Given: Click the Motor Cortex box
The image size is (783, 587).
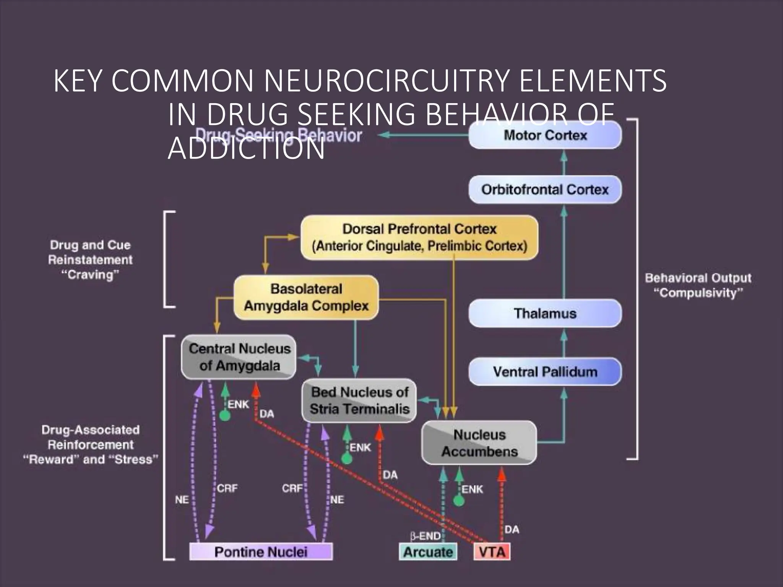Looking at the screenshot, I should click(x=545, y=135).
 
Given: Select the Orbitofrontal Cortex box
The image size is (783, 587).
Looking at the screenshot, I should click(x=545, y=190).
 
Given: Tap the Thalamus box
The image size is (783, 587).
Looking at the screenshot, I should click(x=545, y=313).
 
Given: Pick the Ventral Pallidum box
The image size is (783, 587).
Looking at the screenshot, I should click(x=545, y=371).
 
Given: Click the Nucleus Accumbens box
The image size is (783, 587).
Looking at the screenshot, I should click(x=479, y=443).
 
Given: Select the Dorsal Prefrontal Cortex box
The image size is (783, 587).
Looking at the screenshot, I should click(x=419, y=237).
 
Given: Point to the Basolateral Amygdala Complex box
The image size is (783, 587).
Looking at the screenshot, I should click(x=306, y=297).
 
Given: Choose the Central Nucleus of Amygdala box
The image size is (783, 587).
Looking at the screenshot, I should click(x=239, y=357).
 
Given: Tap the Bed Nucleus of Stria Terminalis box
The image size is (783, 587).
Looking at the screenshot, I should click(x=359, y=401).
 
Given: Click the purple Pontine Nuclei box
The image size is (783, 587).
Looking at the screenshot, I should click(x=261, y=552).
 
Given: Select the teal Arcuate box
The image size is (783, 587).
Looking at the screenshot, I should click(x=428, y=552).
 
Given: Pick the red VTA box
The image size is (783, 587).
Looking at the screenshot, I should click(x=492, y=552).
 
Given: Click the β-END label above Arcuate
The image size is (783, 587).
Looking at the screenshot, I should click(x=425, y=536).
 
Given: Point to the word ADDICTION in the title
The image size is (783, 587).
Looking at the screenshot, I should click(x=246, y=148).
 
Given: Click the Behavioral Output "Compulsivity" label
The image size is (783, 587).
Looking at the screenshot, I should click(x=698, y=285).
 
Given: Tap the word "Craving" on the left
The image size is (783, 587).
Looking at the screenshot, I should click(x=90, y=274).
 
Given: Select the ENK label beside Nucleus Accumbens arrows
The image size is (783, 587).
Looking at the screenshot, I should click(x=472, y=489).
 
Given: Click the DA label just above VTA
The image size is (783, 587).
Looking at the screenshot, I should click(x=512, y=529).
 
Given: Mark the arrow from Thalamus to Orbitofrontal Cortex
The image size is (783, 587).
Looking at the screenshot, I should click(x=564, y=252).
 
